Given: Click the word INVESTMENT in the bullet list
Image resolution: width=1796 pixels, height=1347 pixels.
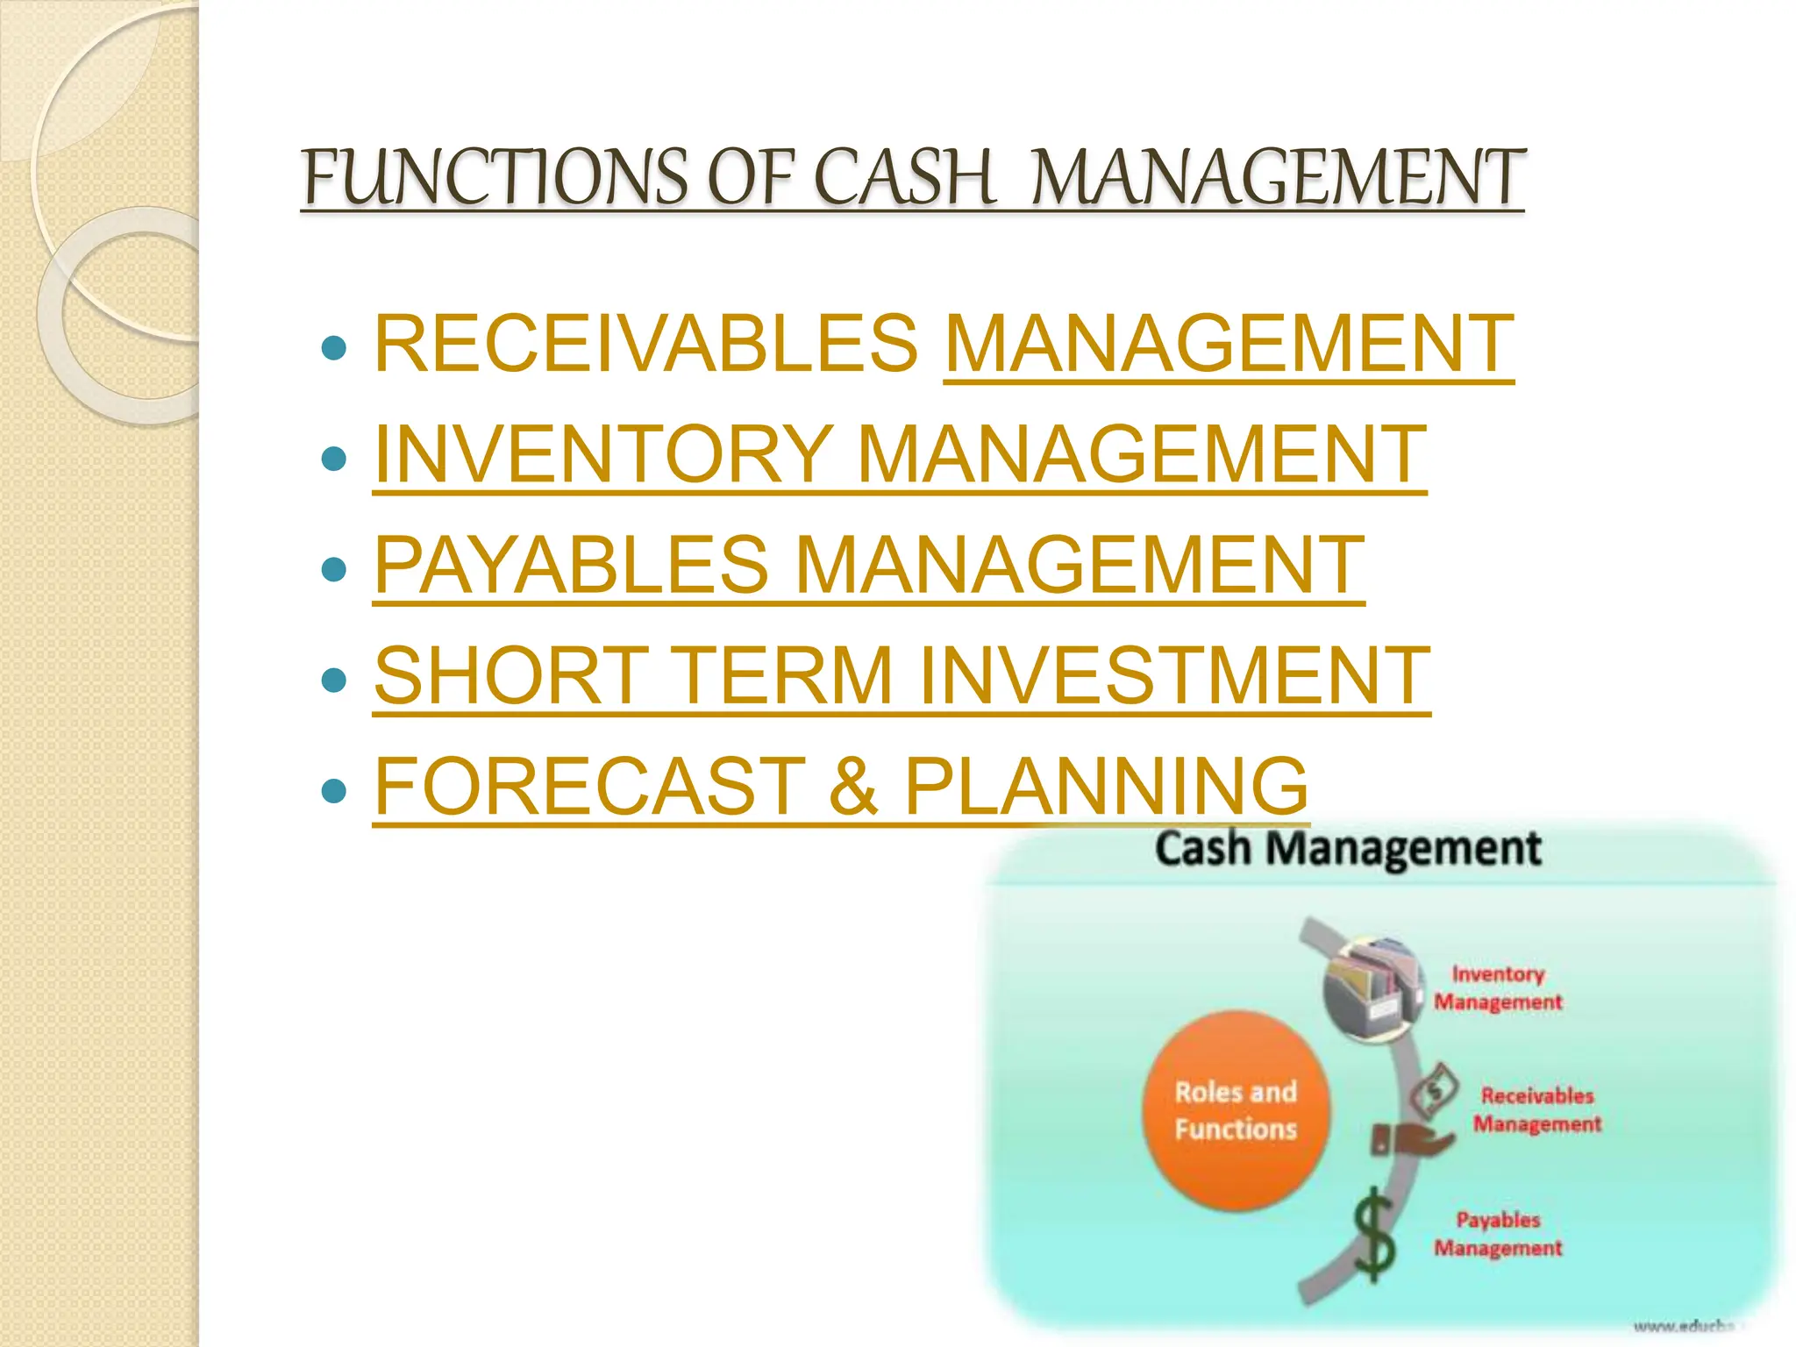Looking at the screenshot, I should coord(1174,675).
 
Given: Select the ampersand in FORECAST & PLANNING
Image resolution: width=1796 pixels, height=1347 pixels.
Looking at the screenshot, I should coord(852,786).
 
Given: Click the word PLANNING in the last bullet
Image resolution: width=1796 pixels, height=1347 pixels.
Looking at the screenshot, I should coord(1106,786).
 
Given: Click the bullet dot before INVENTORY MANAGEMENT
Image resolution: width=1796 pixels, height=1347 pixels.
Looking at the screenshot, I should coord(334,459).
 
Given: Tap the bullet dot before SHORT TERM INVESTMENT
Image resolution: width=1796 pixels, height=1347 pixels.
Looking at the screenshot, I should coord(334,680).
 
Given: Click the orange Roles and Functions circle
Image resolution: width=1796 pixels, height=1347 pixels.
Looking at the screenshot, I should coord(1235,1111).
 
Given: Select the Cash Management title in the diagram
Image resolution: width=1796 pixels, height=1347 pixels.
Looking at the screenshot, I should coord(1347,849).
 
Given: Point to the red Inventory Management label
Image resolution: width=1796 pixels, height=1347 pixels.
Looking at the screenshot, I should coord(1498,988).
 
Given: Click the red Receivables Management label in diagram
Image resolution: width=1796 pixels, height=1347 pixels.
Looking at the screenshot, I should coord(1536,1109).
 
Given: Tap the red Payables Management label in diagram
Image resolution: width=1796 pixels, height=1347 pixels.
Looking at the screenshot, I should coord(1498,1233).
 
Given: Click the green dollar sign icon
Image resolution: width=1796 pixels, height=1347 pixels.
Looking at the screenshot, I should coord(1373,1235).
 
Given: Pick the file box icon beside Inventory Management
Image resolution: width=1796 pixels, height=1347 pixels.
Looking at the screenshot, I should coord(1372,987).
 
